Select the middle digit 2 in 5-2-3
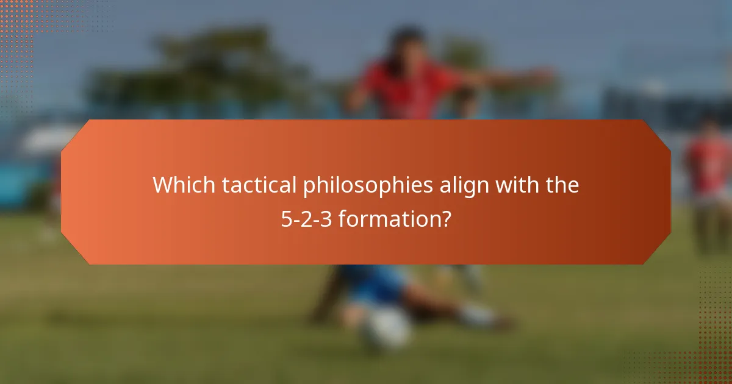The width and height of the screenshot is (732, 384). pos(307,219)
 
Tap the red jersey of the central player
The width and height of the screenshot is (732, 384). pos(406,91)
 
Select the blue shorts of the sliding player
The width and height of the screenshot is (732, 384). pos(372,283)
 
